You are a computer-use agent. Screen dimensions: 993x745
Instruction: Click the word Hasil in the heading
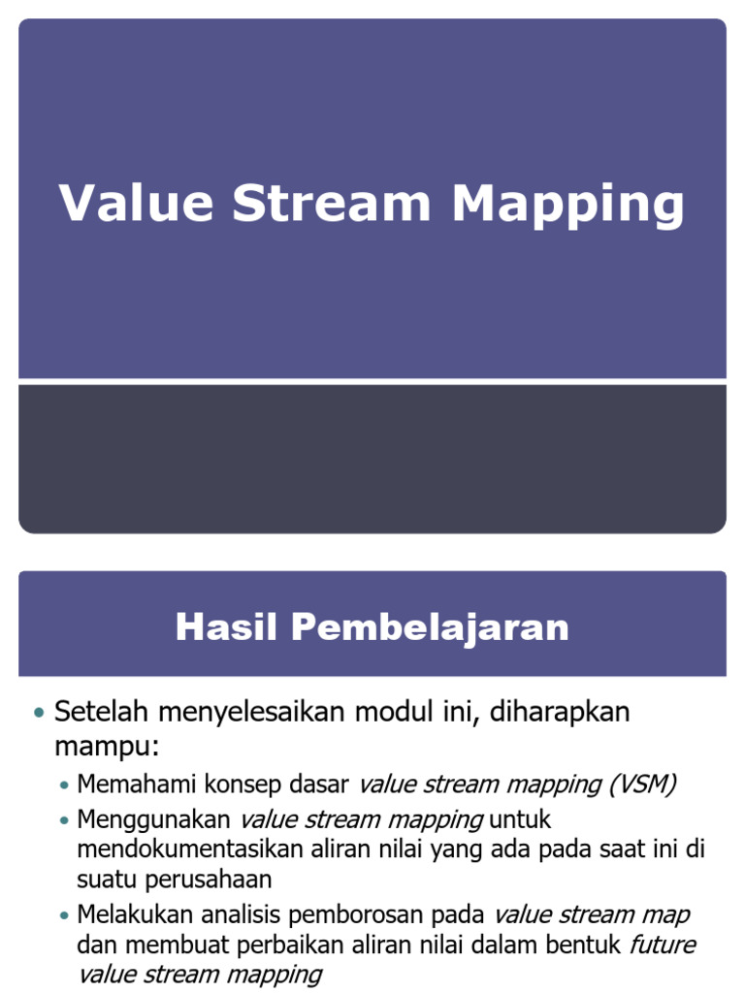226,627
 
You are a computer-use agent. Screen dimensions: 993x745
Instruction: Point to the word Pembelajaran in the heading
430,627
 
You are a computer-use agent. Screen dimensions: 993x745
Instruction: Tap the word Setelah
102,712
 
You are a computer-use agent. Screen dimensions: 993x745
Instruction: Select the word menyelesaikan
251,714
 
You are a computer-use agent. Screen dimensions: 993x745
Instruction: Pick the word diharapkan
560,714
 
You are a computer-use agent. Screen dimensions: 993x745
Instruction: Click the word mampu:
106,749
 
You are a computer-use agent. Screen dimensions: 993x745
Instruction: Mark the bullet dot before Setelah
39,714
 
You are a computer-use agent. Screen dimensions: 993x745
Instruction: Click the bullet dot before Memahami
64,785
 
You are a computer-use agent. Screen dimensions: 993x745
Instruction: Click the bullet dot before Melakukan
64,915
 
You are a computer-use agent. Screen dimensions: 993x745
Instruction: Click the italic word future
663,945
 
